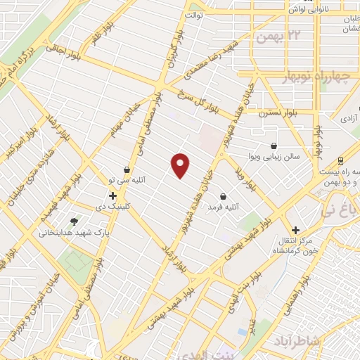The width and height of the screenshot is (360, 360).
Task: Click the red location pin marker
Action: (x=181, y=166)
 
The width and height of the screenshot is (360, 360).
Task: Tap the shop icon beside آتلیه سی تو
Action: (x=127, y=169)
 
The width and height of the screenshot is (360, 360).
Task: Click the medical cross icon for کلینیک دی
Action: (x=112, y=194)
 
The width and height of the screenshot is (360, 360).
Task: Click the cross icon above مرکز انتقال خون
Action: (x=296, y=230)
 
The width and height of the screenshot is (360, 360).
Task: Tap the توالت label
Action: (x=194, y=14)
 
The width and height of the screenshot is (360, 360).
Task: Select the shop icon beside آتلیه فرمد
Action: (x=224, y=196)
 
